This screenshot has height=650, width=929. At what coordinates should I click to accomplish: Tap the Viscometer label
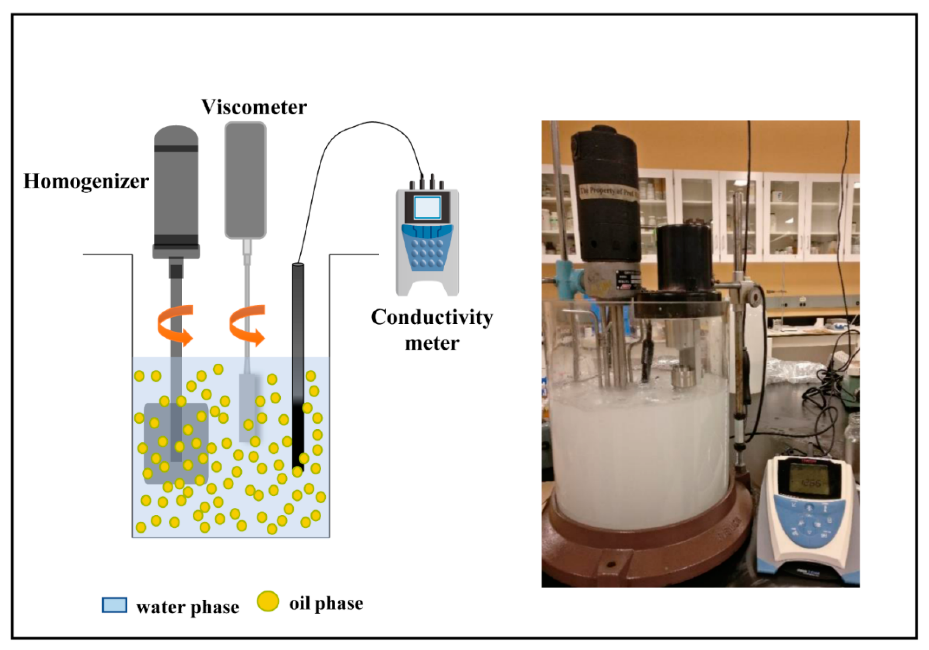pos(254,107)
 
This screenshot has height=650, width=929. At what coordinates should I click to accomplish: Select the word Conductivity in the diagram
pos(432,317)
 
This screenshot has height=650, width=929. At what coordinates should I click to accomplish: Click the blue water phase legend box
pos(114,605)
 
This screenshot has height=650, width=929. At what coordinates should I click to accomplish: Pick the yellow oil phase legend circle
pos(268,601)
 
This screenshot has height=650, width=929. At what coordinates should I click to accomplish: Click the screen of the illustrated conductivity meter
pos(427,208)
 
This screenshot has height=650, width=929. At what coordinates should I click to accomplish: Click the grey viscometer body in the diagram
pos(245,180)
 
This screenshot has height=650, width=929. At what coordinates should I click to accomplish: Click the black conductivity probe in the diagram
pos(298,365)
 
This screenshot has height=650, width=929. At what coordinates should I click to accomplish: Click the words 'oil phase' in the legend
pos(326,603)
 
